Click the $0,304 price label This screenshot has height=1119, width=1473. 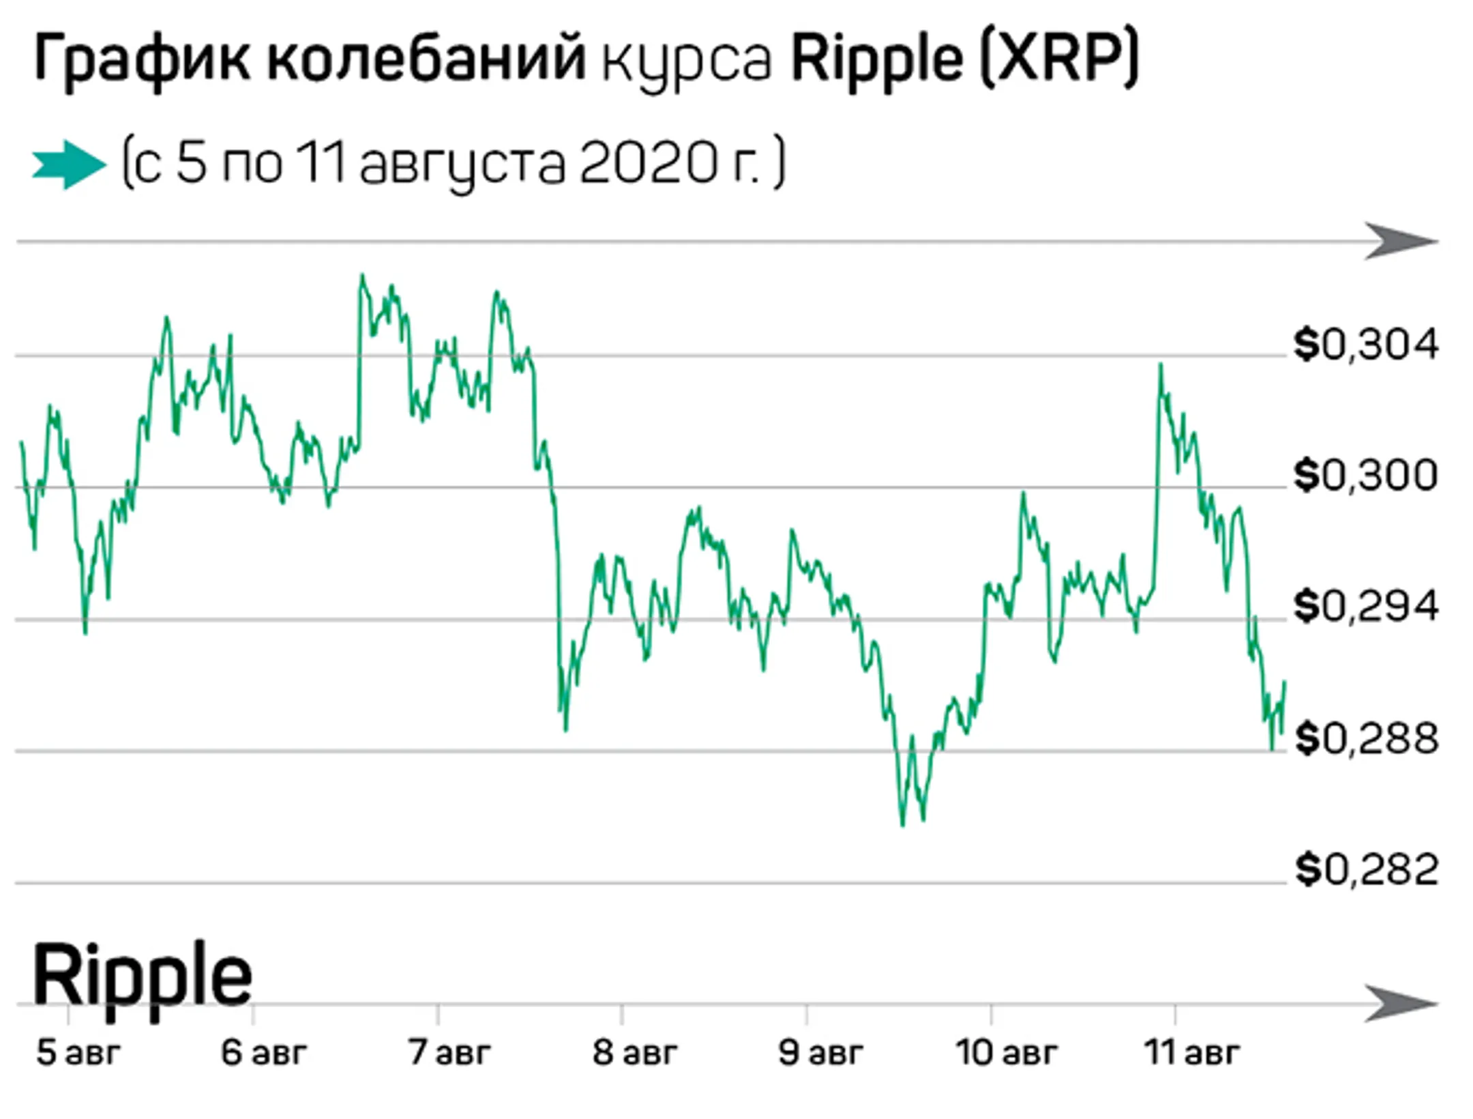pos(1366,345)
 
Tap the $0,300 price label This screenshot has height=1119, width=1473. pos(1366,476)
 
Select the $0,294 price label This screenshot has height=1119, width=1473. pos(1366,607)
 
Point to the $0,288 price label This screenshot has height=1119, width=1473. pos(1366,738)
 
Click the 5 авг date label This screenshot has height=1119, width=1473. pos(78,1052)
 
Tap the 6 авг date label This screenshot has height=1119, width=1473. pos(263,1052)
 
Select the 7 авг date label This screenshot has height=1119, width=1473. pos(449,1052)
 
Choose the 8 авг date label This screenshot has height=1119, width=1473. pos(634,1052)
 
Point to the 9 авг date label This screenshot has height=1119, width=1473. pos(820,1052)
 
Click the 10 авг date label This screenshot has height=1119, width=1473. pos(1007,1052)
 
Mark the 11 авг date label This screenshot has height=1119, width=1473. pos(1191,1052)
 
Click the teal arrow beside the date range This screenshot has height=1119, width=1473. pos(69,164)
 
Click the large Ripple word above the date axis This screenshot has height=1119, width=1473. pos(142,976)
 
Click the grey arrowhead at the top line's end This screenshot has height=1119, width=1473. pos(1401,242)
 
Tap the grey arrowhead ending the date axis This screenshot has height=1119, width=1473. pos(1401,1004)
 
